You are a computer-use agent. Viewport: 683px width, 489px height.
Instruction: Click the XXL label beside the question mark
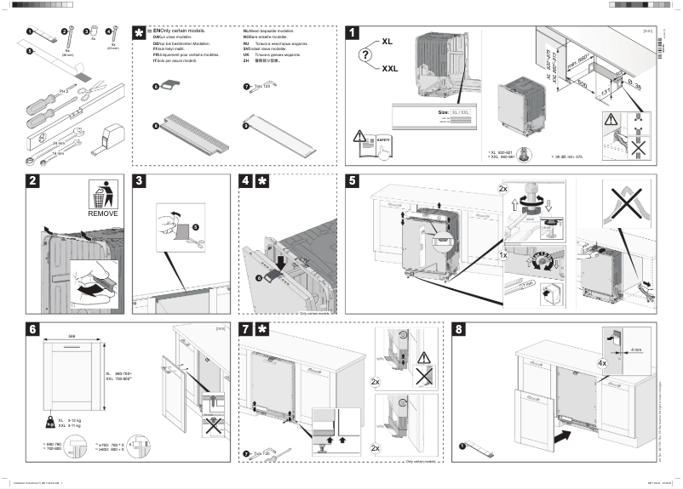click(390, 69)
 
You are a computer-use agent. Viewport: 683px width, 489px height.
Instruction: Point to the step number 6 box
click(32, 330)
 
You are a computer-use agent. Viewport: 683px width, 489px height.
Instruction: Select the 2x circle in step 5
click(503, 188)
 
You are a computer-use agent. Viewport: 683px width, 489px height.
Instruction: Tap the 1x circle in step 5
click(505, 254)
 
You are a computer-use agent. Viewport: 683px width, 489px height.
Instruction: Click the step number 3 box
click(141, 182)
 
